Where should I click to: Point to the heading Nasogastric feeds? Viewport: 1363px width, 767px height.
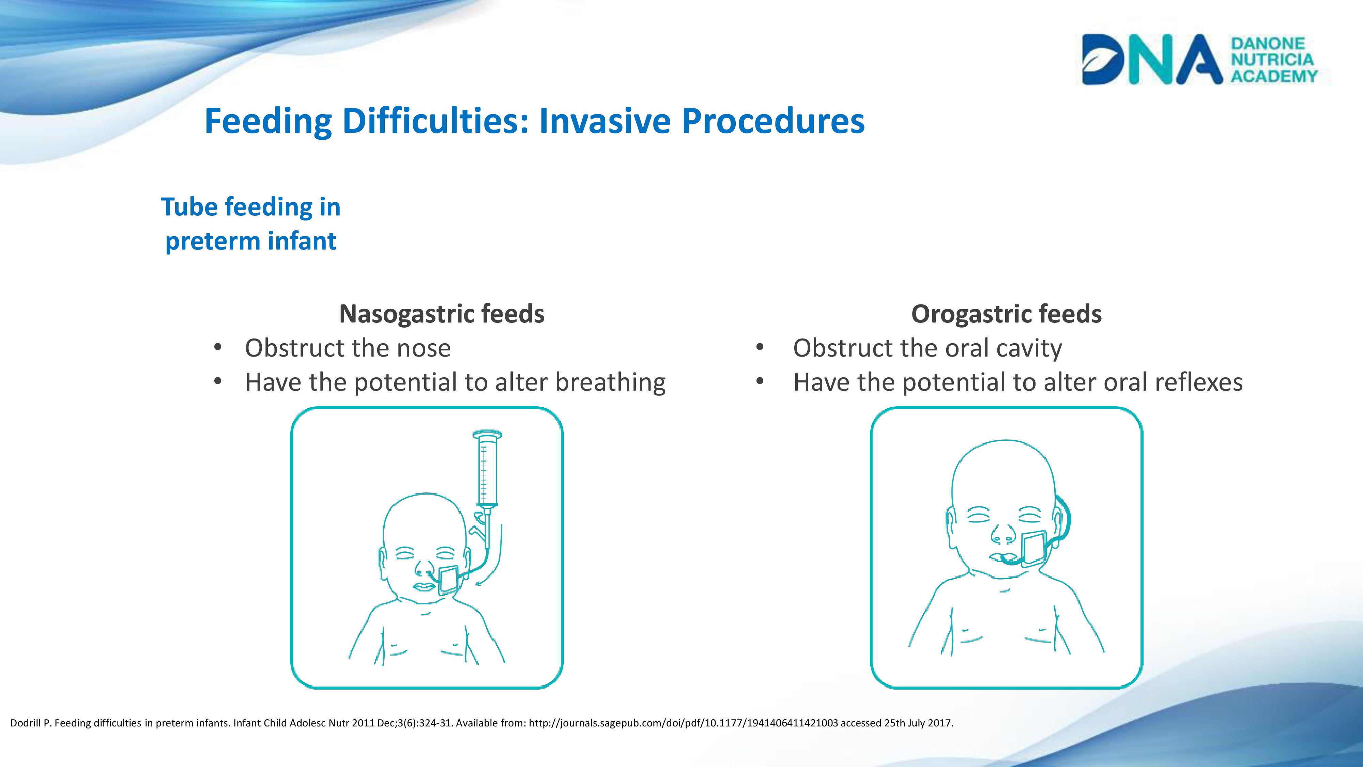click(x=442, y=314)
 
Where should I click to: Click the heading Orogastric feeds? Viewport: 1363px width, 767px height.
click(x=1006, y=314)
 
